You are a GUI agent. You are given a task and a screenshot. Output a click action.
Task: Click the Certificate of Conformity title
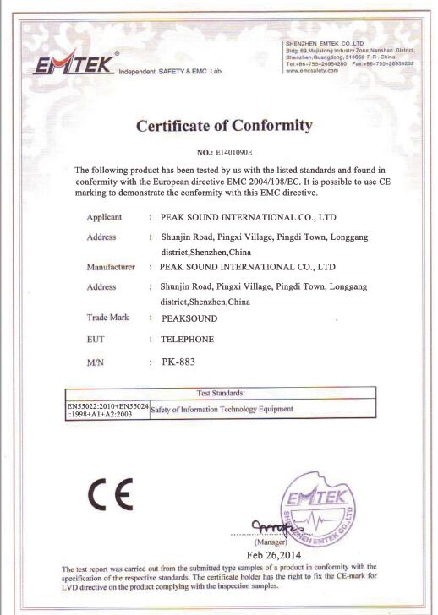point(224,126)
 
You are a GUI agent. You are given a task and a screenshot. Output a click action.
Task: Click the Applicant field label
point(105,218)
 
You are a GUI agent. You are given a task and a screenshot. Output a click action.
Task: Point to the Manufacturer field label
point(112,267)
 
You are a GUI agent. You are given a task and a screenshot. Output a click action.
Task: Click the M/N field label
point(96,363)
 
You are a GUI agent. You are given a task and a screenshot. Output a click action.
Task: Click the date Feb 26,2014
point(275,556)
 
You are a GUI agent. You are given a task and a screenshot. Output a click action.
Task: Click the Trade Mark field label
point(107,318)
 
